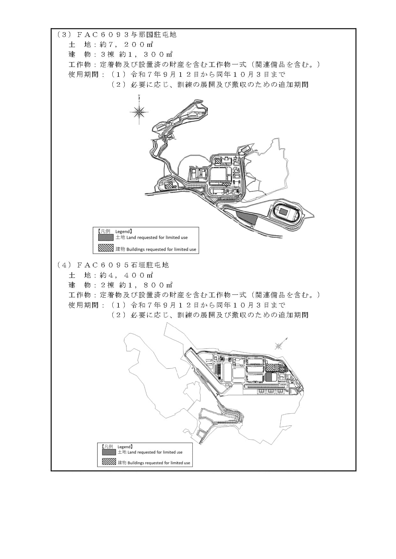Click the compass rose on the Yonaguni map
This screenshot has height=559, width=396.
coord(139,111)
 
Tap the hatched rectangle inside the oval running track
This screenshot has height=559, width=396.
coord(283,211)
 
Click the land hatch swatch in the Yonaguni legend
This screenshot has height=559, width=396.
coord(106,237)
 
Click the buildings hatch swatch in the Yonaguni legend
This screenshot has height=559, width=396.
coord(106,248)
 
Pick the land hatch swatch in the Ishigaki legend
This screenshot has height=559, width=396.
coord(109,452)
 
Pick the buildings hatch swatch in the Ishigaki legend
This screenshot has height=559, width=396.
coord(109,462)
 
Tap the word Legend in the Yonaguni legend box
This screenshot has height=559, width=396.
coord(123,231)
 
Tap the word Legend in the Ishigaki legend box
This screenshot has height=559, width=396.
coord(125,447)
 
